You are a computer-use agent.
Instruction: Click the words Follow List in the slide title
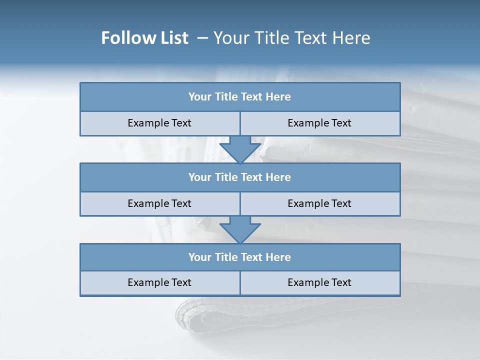(144, 38)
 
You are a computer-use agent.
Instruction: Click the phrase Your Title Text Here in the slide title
(292, 38)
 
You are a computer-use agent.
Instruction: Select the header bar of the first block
(240, 97)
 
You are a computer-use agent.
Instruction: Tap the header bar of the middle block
(240, 177)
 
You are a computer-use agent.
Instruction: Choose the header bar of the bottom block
(240, 257)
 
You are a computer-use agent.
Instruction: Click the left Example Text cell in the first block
(159, 123)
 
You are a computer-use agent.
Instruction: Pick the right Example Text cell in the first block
(319, 123)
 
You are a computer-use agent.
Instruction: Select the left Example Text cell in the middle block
(159, 204)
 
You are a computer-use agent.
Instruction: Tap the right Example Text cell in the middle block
(319, 204)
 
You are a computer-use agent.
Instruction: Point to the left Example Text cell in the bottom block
(159, 283)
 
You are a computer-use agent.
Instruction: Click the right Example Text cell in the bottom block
(319, 283)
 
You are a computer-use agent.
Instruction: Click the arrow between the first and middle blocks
(240, 149)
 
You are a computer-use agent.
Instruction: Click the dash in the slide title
(202, 37)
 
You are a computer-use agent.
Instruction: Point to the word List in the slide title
(172, 38)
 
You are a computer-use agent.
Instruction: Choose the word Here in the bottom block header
(278, 257)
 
